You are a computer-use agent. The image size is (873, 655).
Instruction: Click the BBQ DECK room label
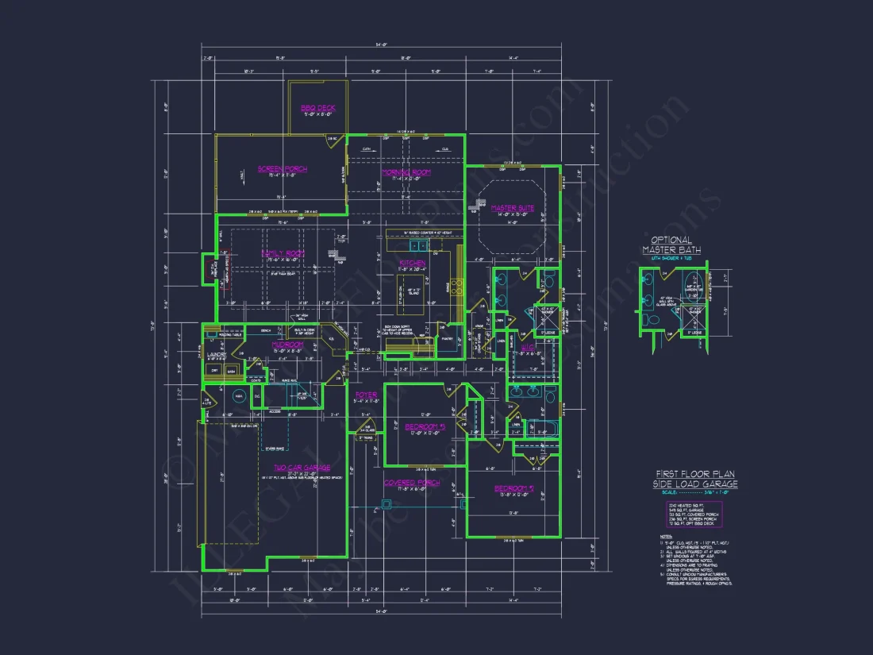[x=318, y=107]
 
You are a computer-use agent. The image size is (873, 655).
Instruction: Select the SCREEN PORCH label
[x=282, y=168]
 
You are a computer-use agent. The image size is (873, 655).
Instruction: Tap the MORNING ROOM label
[x=406, y=172]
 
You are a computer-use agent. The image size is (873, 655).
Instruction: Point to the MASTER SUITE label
[x=512, y=208]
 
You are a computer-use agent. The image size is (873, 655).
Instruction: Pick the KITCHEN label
[x=413, y=263]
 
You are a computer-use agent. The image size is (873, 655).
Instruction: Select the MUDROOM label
[x=287, y=345]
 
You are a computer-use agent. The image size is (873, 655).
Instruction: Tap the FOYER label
[x=366, y=395]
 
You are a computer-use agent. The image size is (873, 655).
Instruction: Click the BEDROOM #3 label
[x=426, y=426]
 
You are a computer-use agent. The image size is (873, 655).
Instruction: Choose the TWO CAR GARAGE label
[x=302, y=468]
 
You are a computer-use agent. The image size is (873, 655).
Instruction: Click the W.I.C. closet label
[x=528, y=347]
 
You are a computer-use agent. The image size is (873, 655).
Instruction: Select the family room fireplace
[x=210, y=270]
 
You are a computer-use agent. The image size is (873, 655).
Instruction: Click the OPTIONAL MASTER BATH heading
[x=671, y=245]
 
